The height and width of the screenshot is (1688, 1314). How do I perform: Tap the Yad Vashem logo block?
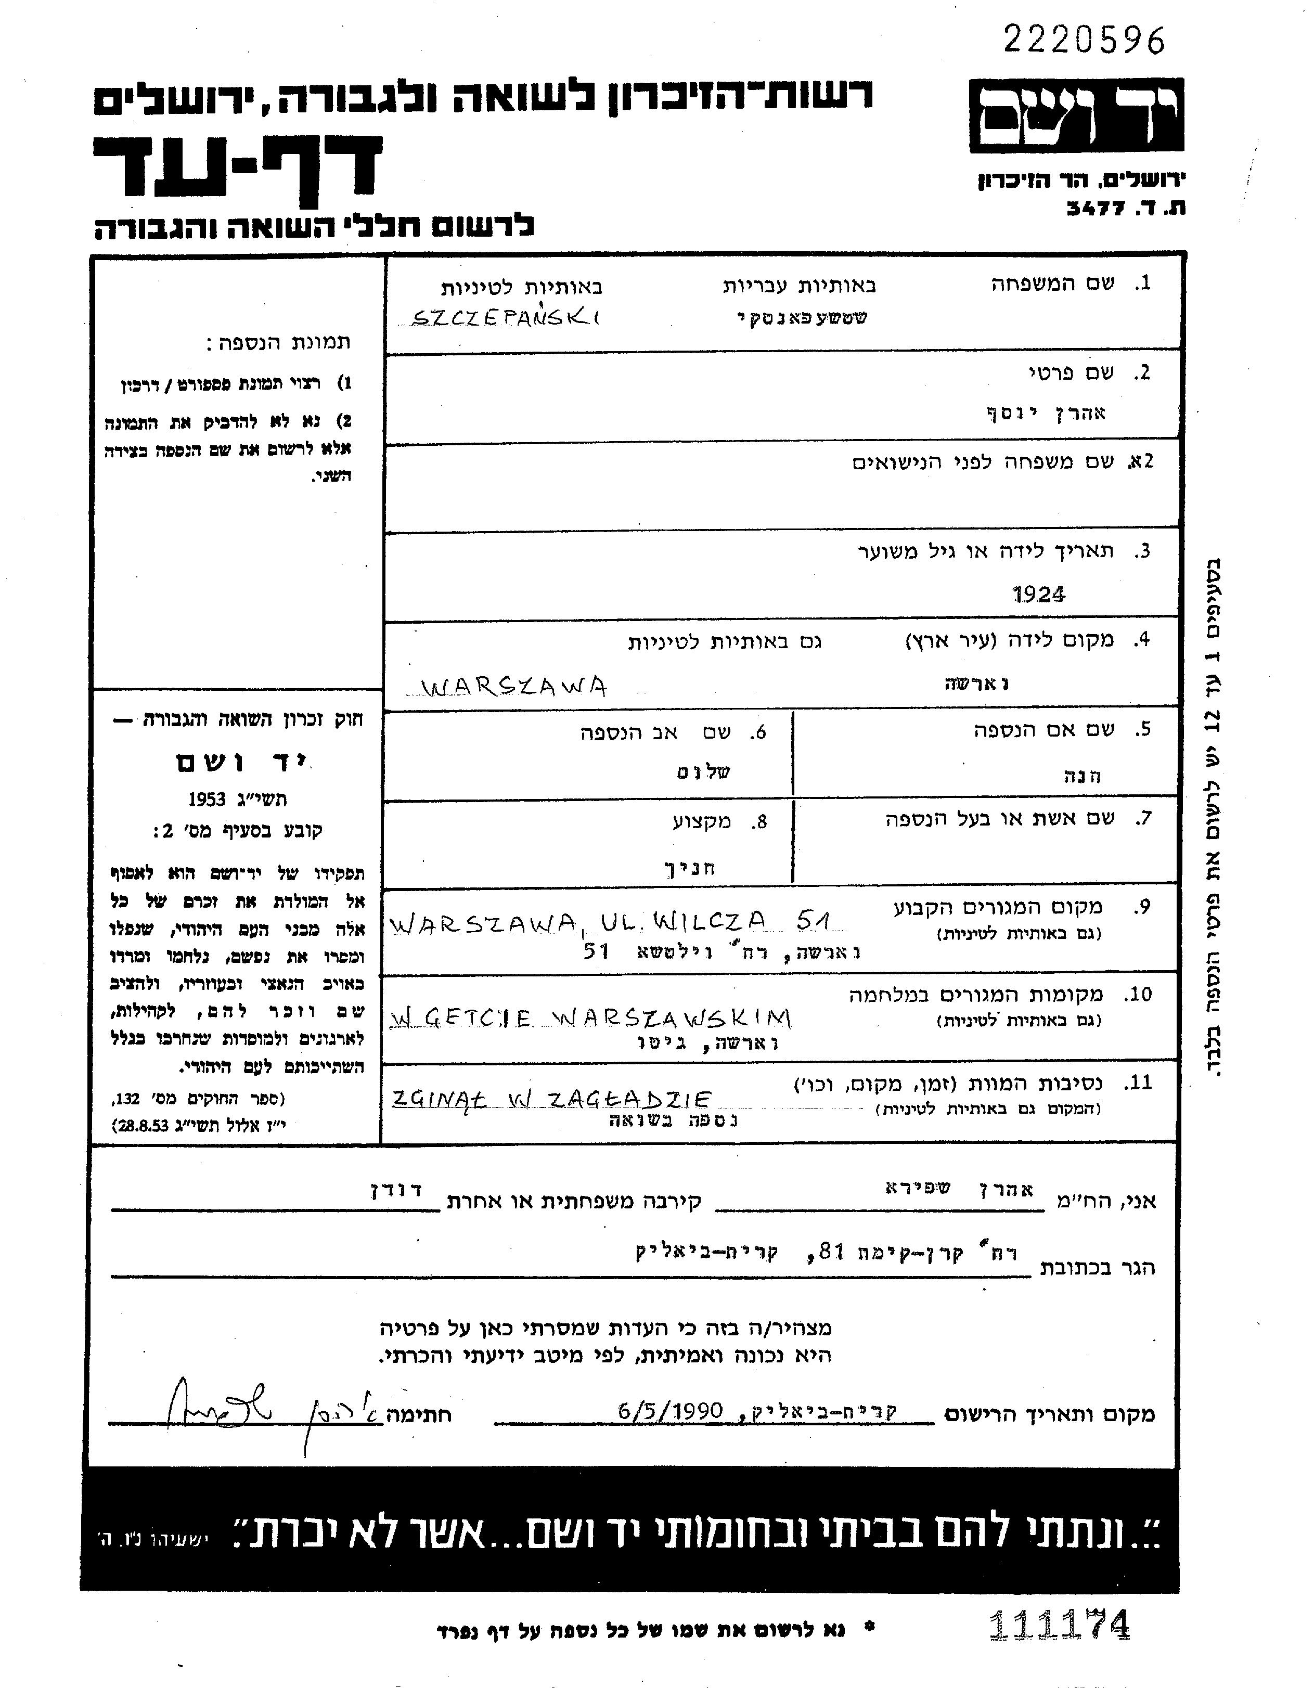point(1075,114)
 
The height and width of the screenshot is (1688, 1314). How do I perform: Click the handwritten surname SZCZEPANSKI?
point(506,318)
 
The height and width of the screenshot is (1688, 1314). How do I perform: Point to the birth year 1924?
point(1038,594)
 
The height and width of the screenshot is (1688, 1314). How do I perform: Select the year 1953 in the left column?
point(207,799)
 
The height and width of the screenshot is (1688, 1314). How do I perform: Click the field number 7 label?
point(1142,818)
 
